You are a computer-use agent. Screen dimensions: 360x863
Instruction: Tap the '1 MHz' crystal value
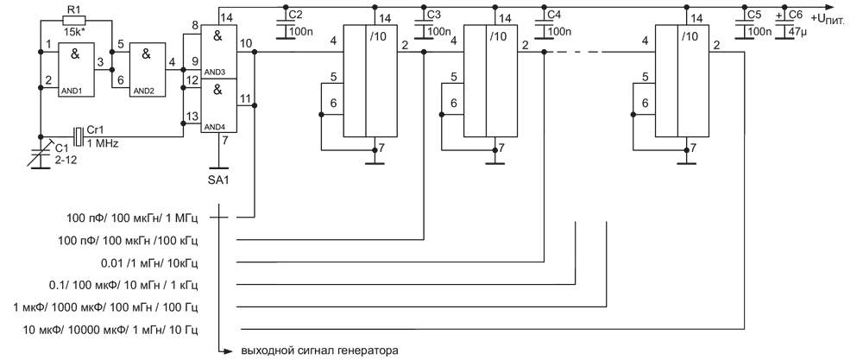coord(104,142)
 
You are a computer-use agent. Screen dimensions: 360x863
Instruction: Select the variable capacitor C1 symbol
coord(41,154)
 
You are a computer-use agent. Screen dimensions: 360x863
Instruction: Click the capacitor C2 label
coord(295,16)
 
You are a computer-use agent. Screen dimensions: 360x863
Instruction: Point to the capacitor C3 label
coord(433,16)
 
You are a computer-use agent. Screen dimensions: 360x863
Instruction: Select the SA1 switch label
coord(220,180)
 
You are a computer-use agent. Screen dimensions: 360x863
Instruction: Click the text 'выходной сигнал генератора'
coord(318,351)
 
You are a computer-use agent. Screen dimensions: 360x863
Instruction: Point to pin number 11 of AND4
coord(245,98)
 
